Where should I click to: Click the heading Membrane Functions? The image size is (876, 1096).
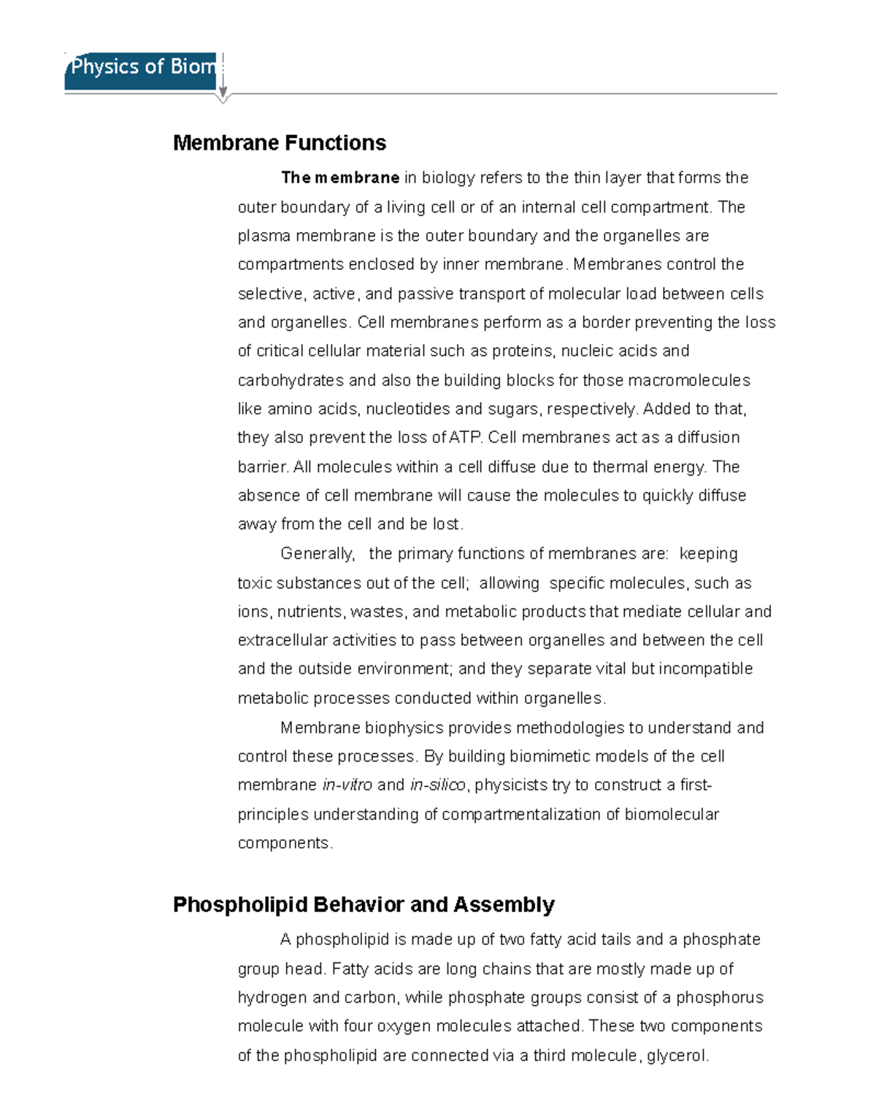point(280,143)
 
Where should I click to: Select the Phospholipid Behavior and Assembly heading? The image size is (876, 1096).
point(364,905)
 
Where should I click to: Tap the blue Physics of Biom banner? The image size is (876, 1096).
point(140,70)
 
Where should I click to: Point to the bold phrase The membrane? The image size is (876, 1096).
point(340,178)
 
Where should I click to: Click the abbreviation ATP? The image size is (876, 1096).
point(466,438)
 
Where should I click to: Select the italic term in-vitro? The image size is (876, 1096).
point(347,785)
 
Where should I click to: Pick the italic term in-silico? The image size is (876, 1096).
point(437,785)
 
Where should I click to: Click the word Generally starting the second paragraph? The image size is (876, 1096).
point(318,554)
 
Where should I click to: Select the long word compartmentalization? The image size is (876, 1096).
point(521,814)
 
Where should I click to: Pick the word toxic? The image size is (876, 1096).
point(255,584)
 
